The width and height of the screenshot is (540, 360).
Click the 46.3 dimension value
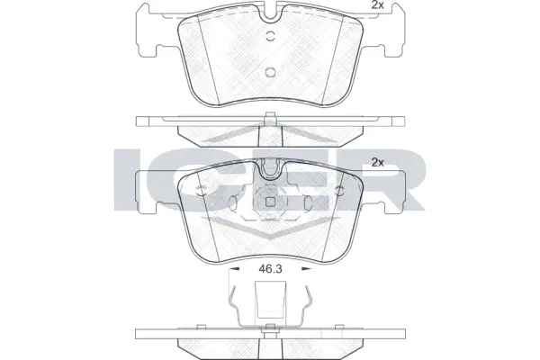coord(270,268)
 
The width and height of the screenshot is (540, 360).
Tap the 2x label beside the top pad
coord(378,8)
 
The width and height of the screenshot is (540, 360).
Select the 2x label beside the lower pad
coord(378,163)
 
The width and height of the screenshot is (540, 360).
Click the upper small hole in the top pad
coord(271,38)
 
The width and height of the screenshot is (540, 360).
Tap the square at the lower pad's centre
coord(271,202)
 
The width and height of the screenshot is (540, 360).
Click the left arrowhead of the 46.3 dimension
coord(232,268)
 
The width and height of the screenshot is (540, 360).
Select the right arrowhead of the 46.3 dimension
coord(309,268)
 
